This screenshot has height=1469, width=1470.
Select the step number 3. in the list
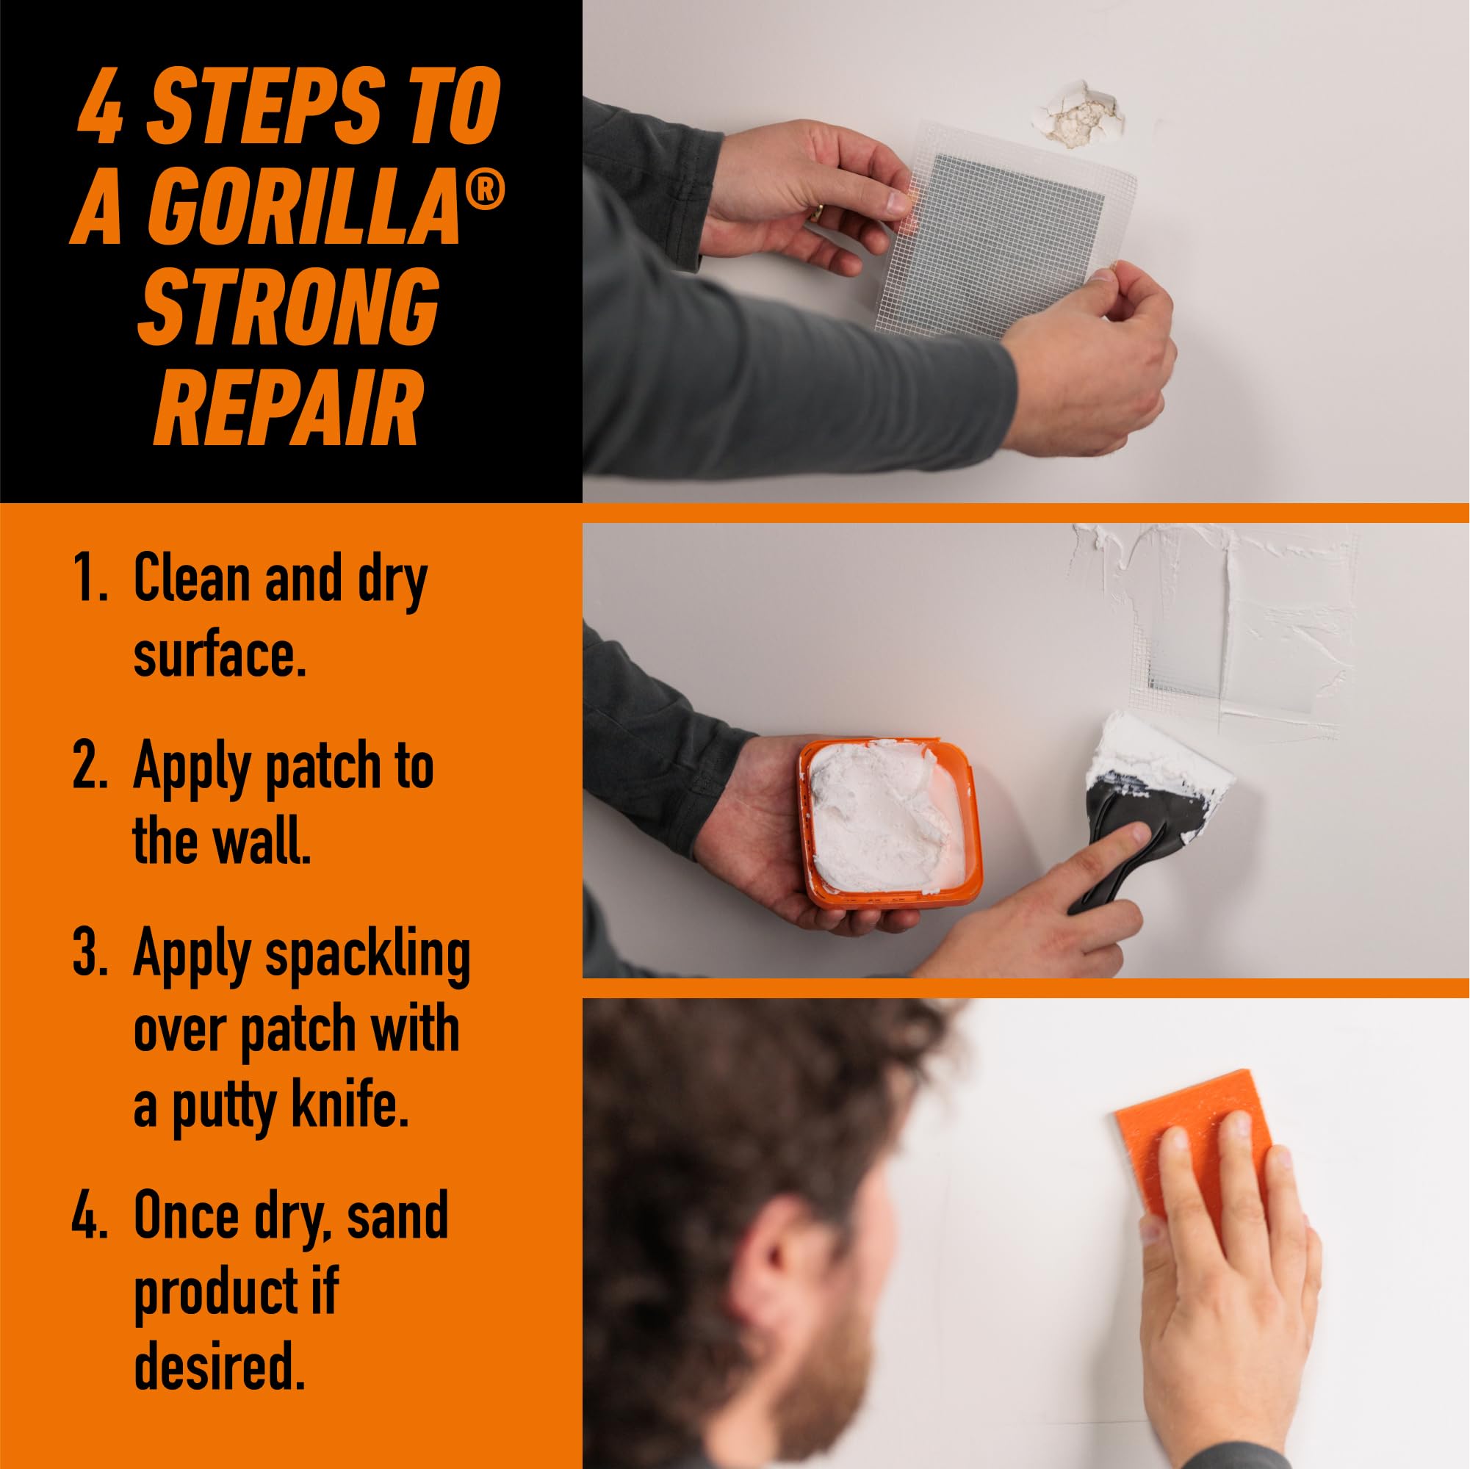click(90, 955)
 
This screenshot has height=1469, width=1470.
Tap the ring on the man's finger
click(815, 212)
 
